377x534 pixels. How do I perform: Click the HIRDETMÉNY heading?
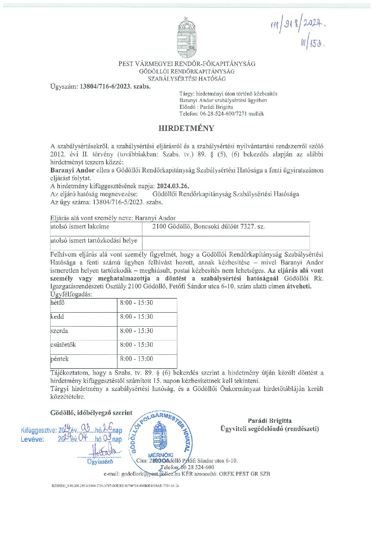click(186, 128)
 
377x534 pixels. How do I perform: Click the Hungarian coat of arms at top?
click(187, 38)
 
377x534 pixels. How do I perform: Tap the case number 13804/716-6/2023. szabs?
click(115, 86)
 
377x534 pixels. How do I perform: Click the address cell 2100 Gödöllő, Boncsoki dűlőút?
click(208, 227)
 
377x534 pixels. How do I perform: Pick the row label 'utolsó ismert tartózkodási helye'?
click(94, 241)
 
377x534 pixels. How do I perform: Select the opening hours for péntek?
click(136, 359)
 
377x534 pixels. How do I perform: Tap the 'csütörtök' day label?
click(63, 345)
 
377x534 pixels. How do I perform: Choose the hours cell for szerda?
click(136, 331)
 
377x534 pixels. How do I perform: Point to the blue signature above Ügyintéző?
click(105, 450)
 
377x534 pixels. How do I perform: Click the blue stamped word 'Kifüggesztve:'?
click(38, 430)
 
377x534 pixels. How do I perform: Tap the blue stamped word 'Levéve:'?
click(32, 440)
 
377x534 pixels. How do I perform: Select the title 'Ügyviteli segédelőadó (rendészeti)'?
click(269, 429)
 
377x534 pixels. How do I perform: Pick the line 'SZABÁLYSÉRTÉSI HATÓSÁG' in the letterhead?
click(187, 79)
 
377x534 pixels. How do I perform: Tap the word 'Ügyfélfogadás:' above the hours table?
click(71, 294)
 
